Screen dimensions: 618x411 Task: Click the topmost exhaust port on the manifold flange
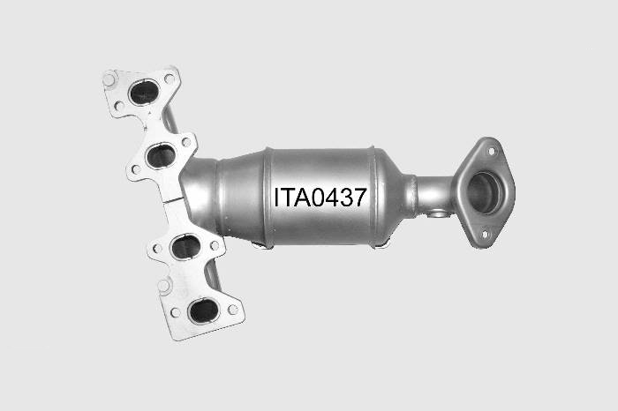coord(144,92)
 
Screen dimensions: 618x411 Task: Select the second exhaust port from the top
coord(161,155)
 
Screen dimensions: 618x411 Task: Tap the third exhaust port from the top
coord(186,247)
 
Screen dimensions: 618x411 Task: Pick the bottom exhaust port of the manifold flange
coord(204,311)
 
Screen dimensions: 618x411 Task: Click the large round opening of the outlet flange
coord(484,193)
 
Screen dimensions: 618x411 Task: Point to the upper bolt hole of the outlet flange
coord(491,151)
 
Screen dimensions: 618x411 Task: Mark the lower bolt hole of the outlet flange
coord(486,235)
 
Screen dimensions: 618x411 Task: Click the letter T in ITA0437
coord(287,198)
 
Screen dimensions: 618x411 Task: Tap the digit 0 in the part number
coord(317,198)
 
